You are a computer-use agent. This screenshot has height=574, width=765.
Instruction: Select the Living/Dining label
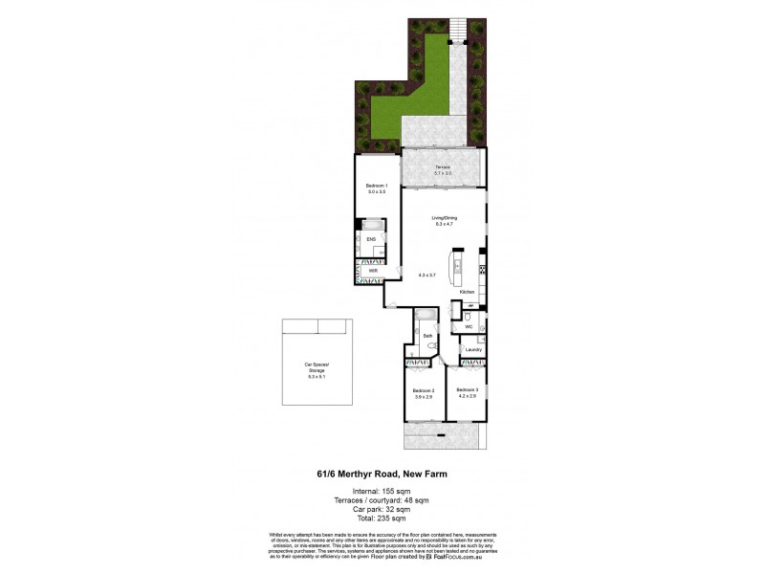(446, 219)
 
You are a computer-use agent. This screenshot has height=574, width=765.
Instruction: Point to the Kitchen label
(467, 291)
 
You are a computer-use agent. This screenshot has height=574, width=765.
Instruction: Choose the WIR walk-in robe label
(373, 272)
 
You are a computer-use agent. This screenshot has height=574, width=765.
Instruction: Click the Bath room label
(427, 335)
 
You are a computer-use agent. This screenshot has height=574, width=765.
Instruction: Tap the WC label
(469, 327)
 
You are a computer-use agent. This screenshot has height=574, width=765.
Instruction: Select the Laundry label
(471, 350)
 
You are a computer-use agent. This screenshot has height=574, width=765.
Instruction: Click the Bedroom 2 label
(424, 392)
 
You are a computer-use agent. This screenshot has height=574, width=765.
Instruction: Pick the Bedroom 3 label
(467, 392)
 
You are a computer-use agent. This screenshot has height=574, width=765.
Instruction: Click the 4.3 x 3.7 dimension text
(427, 275)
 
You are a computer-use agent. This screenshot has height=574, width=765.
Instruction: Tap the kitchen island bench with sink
(457, 266)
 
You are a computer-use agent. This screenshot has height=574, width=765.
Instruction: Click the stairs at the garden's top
(457, 28)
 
